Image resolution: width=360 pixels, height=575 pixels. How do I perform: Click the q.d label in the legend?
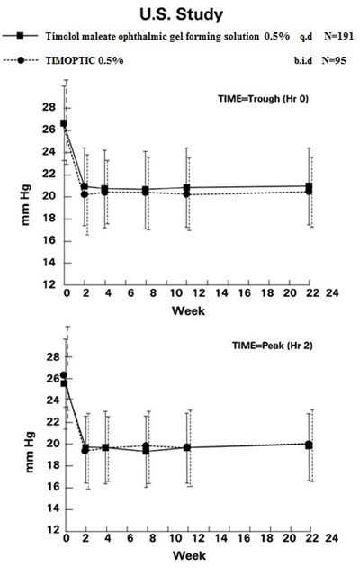point(290,37)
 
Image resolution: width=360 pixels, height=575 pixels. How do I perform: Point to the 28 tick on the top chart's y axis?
point(48,106)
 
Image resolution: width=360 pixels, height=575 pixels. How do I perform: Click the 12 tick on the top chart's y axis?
point(48,285)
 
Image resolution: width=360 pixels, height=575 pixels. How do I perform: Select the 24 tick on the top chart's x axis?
point(330,294)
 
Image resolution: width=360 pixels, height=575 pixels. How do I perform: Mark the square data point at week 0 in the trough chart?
point(64,123)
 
